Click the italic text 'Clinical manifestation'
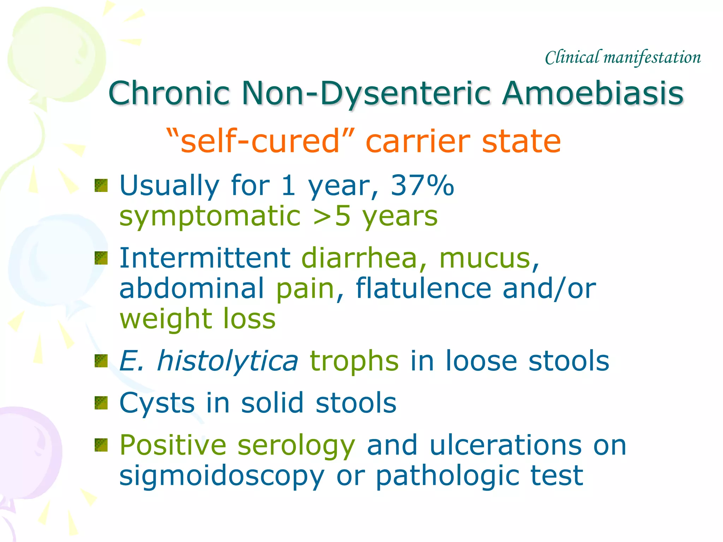[623, 58]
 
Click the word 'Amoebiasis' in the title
[593, 93]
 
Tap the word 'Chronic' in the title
[169, 93]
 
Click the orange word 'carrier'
[418, 141]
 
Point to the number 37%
[422, 185]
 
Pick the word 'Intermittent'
[205, 258]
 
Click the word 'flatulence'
[423, 288]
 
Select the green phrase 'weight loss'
[198, 319]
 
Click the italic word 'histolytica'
[227, 361]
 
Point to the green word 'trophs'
[354, 361]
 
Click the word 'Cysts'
[157, 403]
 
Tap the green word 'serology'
[296, 445]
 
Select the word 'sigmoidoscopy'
[222, 476]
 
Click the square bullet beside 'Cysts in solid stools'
[101, 403]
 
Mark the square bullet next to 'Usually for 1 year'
[101, 186]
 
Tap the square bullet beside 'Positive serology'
[101, 445]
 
